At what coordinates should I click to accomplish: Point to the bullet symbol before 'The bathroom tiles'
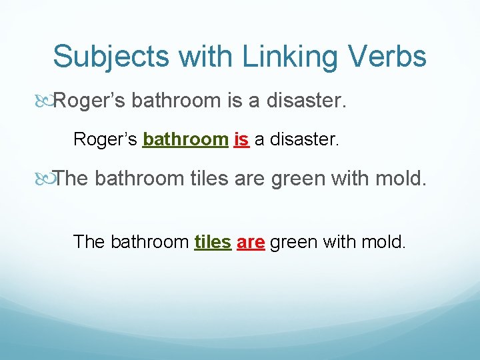(x=46, y=179)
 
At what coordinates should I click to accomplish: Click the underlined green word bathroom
(x=186, y=139)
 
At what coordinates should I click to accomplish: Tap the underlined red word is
(x=241, y=139)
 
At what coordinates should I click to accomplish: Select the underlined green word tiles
(x=213, y=241)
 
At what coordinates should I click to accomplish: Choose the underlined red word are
(x=251, y=241)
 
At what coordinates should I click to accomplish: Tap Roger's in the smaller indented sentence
(x=105, y=139)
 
